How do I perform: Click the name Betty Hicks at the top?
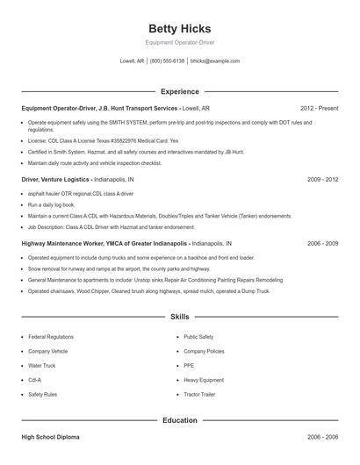click(179, 28)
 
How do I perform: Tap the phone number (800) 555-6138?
click(167, 61)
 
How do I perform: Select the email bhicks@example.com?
click(215, 61)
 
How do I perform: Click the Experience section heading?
click(179, 91)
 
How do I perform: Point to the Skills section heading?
click(179, 316)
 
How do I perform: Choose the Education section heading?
click(179, 420)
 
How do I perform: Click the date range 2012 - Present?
click(319, 108)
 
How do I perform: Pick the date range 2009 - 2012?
click(322, 179)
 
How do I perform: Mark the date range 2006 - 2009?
click(322, 243)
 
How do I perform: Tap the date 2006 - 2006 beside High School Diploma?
click(322, 436)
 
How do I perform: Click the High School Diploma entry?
click(52, 436)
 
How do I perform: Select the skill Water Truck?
click(41, 366)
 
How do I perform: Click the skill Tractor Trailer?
click(199, 395)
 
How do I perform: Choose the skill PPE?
click(189, 366)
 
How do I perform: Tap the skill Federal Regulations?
click(50, 337)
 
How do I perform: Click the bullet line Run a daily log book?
click(54, 204)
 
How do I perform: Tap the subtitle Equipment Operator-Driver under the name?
click(179, 42)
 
